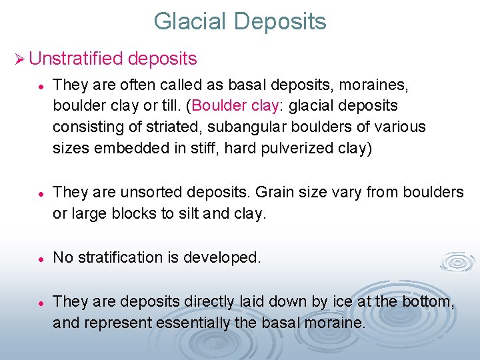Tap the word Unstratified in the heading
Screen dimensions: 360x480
[75, 59]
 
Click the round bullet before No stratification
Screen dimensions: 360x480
[41, 258]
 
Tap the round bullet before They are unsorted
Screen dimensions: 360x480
[41, 193]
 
